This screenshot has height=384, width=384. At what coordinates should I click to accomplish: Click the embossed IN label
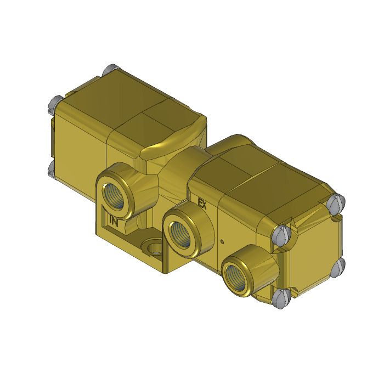pos(114,222)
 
